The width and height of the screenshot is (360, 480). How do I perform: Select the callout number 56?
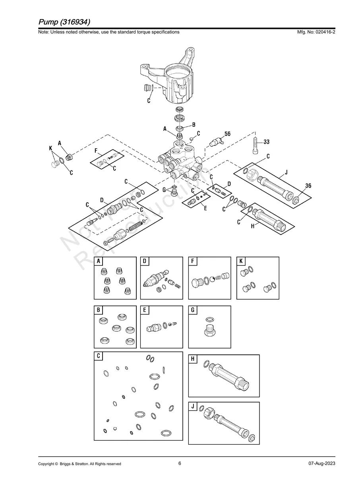coord(227,134)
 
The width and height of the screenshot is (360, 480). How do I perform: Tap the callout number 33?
coord(266,141)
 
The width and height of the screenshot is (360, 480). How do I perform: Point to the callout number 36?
coord(308,186)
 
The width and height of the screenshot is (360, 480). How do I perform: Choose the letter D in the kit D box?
coord(145,261)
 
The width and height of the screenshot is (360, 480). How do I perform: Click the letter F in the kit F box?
coord(193,261)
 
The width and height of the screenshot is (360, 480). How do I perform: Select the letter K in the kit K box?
coord(241,261)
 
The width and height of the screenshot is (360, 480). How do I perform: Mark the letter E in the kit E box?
coord(145,310)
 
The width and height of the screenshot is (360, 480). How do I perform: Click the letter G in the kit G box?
coord(193,310)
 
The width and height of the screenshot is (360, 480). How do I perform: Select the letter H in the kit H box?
coord(193,359)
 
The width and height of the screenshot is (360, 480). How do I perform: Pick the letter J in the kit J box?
coord(193,406)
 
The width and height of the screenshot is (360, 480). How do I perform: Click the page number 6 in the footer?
coord(180,463)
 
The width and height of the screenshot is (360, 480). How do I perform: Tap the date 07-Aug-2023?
coord(321,464)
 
